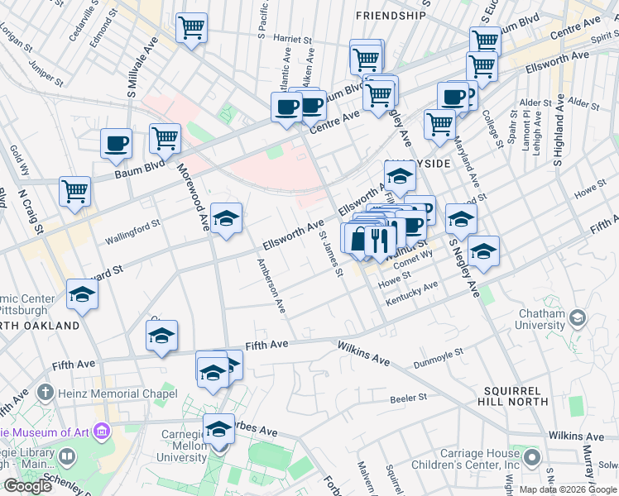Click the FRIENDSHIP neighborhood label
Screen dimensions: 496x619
pos(390,16)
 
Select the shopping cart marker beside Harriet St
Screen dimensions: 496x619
pos(191,30)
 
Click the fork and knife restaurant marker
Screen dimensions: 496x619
pos(380,241)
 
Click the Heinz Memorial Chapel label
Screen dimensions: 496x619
pos(109,393)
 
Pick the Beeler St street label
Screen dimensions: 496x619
pos(408,398)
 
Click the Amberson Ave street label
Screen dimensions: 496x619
pos(271,284)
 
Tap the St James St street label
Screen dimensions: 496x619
pos(331,254)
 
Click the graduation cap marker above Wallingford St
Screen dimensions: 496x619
pos(226,220)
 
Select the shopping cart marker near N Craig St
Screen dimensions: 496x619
pos(74,192)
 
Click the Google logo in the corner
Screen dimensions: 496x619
pos(27,486)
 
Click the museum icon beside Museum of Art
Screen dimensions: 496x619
pos(102,431)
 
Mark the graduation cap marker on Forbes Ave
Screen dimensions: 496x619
pos(219,431)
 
